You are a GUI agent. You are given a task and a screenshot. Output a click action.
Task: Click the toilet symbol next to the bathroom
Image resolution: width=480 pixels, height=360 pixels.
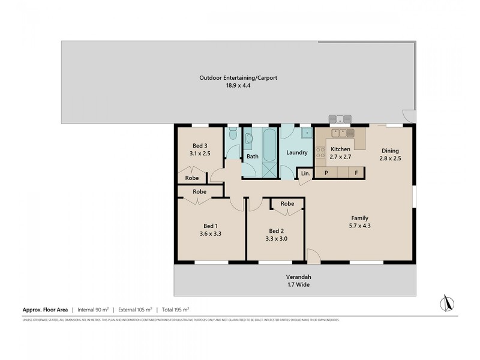232,136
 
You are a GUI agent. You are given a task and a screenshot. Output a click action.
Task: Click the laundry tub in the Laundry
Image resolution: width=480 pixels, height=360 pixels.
306,133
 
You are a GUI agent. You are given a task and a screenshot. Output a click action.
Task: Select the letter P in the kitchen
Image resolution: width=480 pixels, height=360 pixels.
326,173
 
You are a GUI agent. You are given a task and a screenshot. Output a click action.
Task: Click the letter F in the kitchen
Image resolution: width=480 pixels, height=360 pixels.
356,173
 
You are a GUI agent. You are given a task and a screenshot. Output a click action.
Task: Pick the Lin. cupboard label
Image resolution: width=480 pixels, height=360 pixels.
305,173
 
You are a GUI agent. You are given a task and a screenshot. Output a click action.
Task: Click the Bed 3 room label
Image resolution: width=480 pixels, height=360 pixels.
200,146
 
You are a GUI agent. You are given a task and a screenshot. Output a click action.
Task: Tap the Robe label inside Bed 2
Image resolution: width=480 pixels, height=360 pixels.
287,204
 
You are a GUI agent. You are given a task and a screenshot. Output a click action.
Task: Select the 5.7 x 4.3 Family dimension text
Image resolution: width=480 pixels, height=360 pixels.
359,227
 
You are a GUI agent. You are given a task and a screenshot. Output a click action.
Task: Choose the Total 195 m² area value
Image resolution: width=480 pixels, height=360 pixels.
176,310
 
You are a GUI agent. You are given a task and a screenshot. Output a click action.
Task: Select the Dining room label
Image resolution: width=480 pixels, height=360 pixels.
389,151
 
